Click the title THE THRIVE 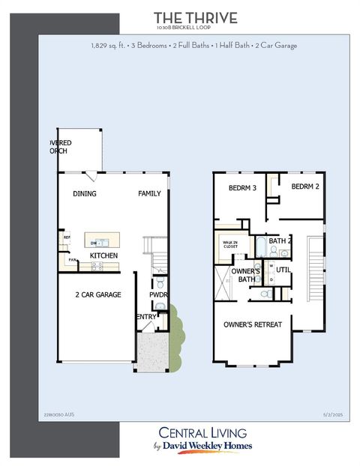pos(195,18)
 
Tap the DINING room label pos(84,194)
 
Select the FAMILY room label pos(149,194)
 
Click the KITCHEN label pos(103,256)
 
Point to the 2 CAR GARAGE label pos(97,295)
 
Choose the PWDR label pos(157,295)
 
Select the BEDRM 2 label pos(306,187)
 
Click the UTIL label pos(283,270)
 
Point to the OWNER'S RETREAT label pos(253,324)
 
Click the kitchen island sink pos(103,243)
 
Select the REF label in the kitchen pos(67,237)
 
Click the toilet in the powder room pos(160,282)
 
